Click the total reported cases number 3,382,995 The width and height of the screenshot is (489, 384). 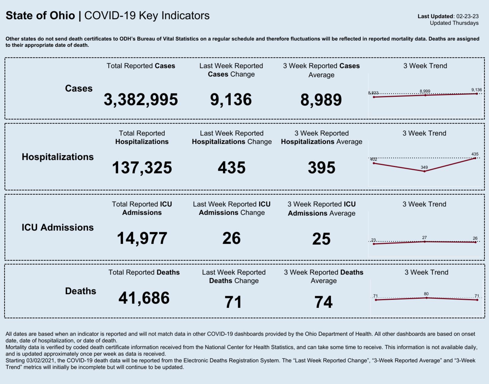pyautogui.click(x=141, y=100)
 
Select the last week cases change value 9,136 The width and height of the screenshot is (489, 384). pyautogui.click(x=231, y=100)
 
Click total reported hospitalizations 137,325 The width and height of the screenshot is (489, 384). pyautogui.click(x=142, y=168)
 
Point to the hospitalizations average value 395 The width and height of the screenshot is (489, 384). pyautogui.click(x=322, y=168)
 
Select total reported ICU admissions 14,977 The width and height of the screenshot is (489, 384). pyautogui.click(x=142, y=238)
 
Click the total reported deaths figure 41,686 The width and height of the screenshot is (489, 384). pyautogui.click(x=144, y=298)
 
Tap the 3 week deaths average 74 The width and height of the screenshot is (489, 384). pyautogui.click(x=323, y=302)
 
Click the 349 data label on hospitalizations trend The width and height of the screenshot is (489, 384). pyautogui.click(x=424, y=167)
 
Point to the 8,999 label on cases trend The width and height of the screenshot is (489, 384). pyautogui.click(x=425, y=91)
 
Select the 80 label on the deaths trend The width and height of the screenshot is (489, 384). pyautogui.click(x=426, y=294)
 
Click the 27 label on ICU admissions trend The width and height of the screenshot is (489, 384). pyautogui.click(x=424, y=237)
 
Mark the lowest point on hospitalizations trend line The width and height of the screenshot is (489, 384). pyautogui.click(x=424, y=171)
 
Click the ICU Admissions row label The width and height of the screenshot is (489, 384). pyautogui.click(x=57, y=228)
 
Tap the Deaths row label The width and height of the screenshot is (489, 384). pyautogui.click(x=80, y=291)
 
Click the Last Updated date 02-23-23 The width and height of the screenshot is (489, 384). pyautogui.click(x=467, y=16)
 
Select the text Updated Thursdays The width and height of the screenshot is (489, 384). pyautogui.click(x=454, y=23)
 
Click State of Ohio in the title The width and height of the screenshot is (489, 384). pyautogui.click(x=40, y=16)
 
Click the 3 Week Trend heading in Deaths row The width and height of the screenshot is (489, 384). pyautogui.click(x=426, y=272)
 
